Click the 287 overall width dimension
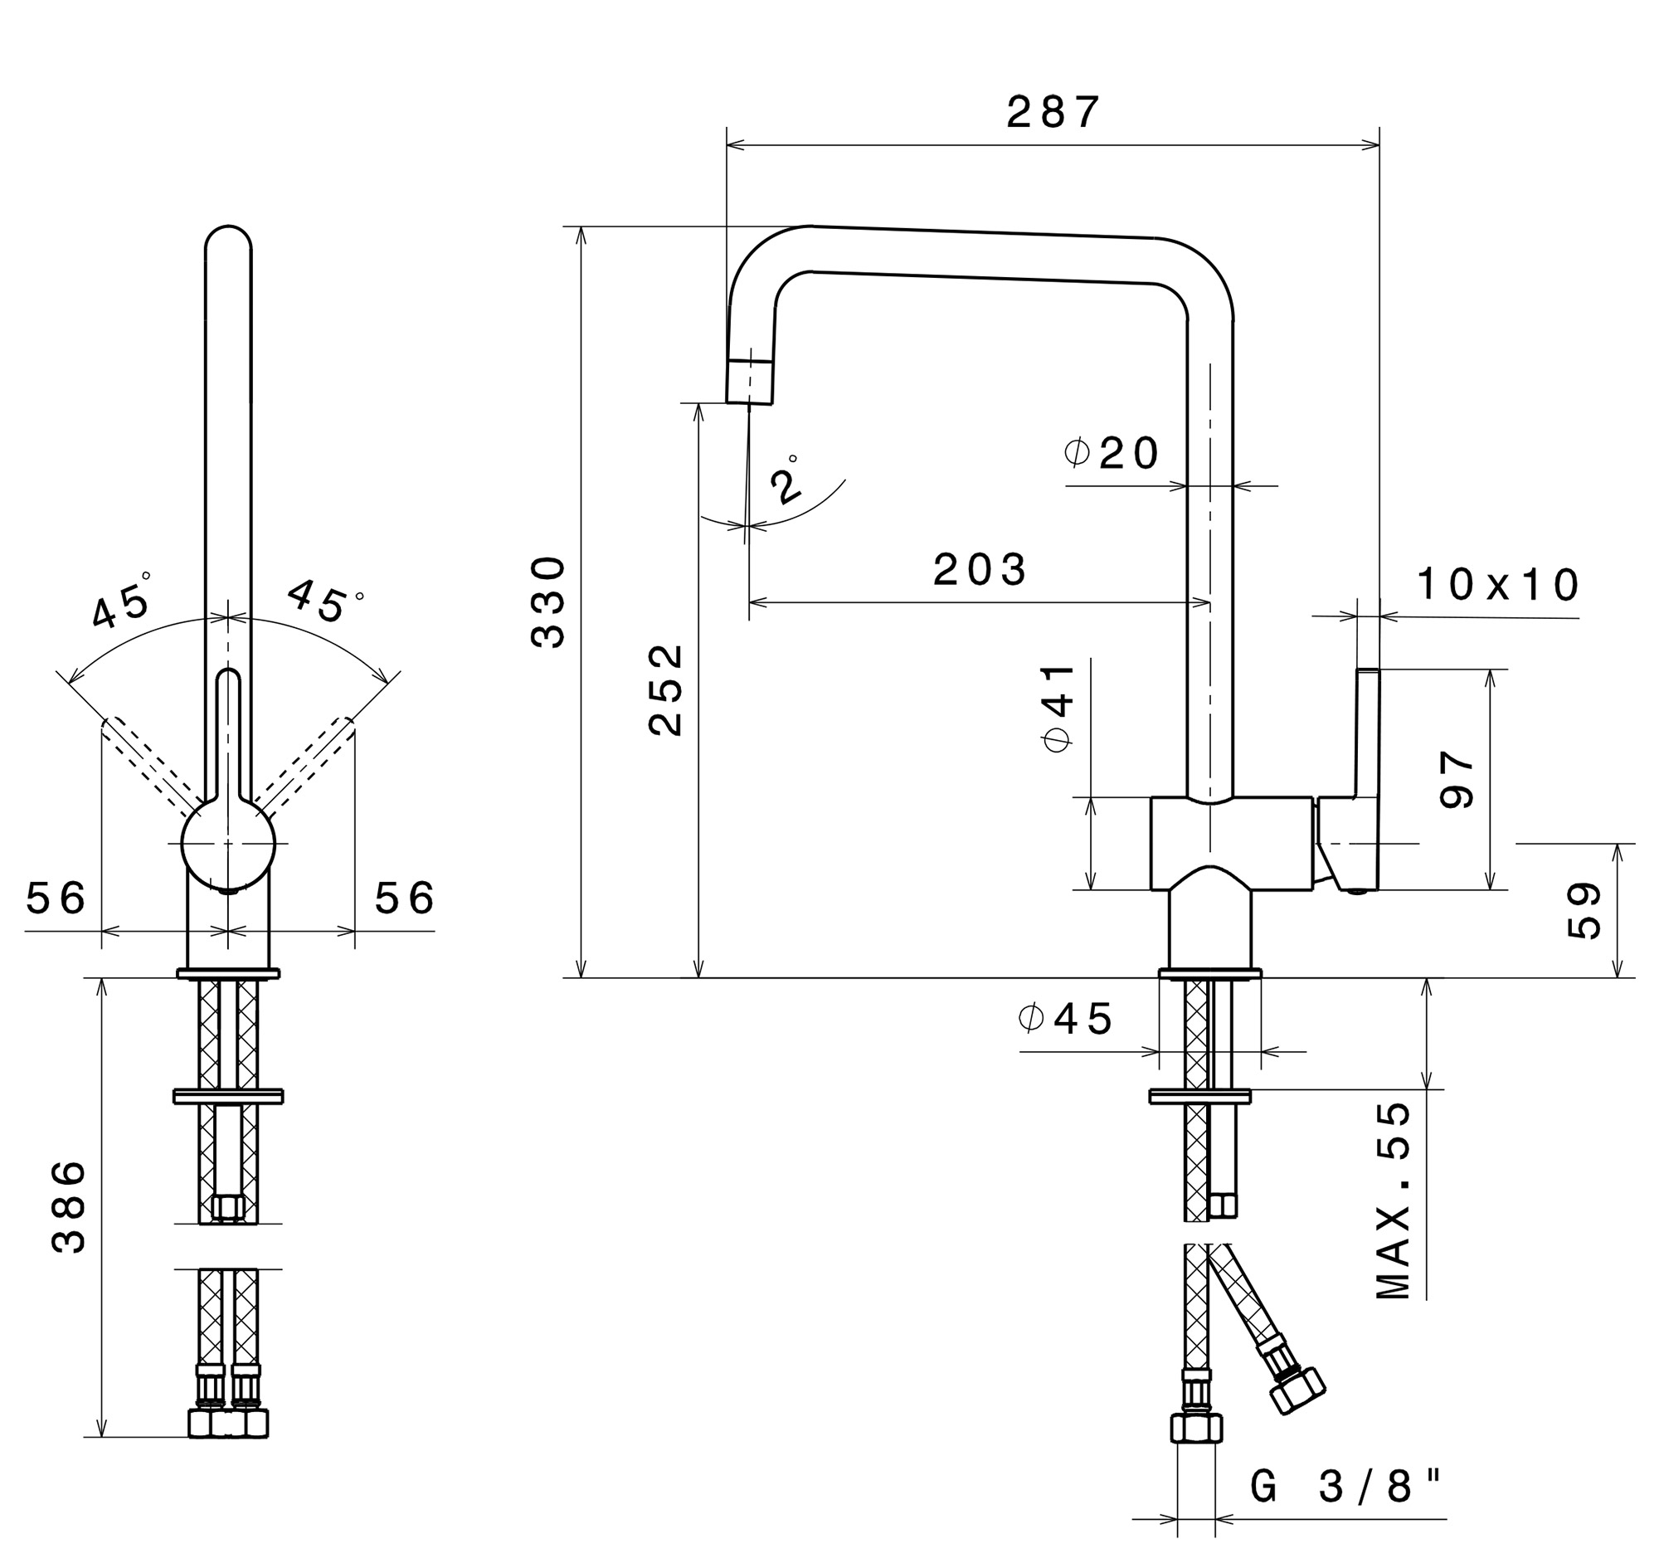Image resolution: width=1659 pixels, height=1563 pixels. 1053,112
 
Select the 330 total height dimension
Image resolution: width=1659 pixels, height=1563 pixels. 548,601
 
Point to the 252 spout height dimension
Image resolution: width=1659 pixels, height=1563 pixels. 665,689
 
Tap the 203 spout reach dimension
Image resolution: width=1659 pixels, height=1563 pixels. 980,570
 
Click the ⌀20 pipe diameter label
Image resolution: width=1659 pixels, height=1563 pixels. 1112,453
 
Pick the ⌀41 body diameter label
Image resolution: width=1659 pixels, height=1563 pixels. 1058,708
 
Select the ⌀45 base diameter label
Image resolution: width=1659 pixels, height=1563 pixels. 1066,1018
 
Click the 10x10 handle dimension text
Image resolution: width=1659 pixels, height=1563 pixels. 1498,584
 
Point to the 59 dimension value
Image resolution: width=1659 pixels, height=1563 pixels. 1584,910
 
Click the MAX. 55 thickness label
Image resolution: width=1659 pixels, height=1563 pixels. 1393,1200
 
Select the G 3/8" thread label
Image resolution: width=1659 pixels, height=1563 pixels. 1345,1487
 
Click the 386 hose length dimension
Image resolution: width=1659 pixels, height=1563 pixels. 68,1206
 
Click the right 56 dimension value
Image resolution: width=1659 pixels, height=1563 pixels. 404,898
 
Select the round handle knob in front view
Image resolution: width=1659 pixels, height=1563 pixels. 228,843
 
